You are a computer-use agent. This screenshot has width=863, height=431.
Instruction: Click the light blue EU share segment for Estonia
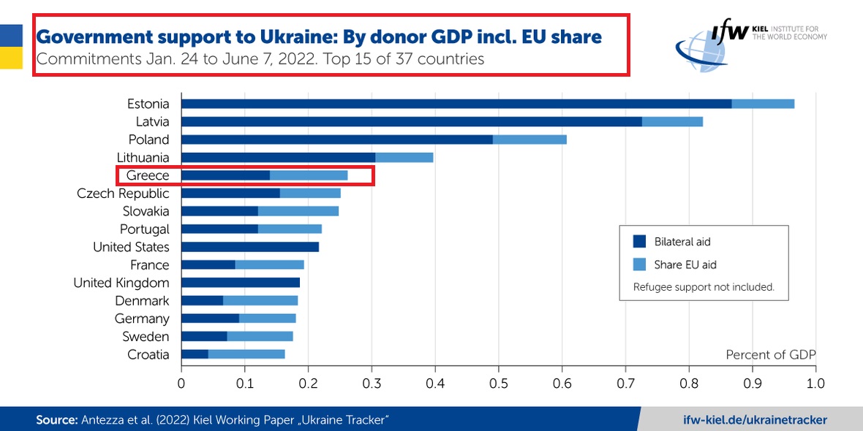pyautogui.click(x=763, y=104)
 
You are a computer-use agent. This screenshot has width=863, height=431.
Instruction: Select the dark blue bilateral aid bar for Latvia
pyautogui.click(x=411, y=121)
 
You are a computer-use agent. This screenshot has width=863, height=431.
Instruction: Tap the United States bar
pyautogui.click(x=250, y=247)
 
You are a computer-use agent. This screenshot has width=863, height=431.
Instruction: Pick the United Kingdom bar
pyautogui.click(x=241, y=283)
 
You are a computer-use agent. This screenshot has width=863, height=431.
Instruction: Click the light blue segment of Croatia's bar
pyautogui.click(x=246, y=354)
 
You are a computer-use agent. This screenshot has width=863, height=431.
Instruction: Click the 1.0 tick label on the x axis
pyautogui.click(x=815, y=382)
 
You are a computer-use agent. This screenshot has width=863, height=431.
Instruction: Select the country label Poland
pyautogui.click(x=148, y=140)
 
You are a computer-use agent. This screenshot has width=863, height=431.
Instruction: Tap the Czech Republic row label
pyautogui.click(x=123, y=194)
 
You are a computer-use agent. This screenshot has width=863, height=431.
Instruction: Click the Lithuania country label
pyautogui.click(x=143, y=158)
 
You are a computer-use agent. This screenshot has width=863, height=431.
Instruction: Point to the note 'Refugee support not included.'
pyautogui.click(x=704, y=287)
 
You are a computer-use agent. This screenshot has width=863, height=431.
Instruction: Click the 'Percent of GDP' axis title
pyautogui.click(x=770, y=355)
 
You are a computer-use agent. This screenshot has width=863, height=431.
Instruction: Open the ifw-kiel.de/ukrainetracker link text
pyautogui.click(x=754, y=419)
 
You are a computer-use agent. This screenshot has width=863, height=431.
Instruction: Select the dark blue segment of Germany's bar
pyautogui.click(x=210, y=319)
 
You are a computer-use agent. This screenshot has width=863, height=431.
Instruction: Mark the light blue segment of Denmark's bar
pyautogui.click(x=260, y=300)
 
